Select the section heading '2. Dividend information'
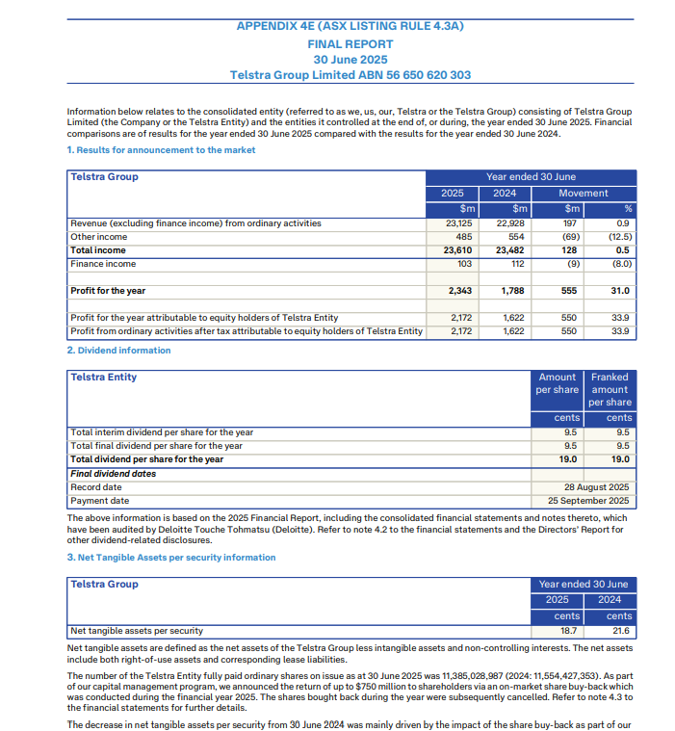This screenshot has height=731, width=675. [118, 351]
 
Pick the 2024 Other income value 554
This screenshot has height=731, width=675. [516, 237]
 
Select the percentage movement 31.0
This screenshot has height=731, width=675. [619, 291]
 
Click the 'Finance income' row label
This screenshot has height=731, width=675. [103, 264]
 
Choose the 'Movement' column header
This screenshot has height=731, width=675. [584, 194]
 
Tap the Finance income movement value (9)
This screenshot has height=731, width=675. [571, 264]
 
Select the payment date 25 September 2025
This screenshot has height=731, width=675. [588, 501]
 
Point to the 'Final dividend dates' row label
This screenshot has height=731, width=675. [113, 474]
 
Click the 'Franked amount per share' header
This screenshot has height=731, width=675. [610, 389]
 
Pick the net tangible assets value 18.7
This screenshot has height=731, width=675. [568, 631]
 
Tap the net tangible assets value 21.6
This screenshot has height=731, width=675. [620, 631]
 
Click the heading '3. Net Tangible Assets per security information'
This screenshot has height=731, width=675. [171, 558]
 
